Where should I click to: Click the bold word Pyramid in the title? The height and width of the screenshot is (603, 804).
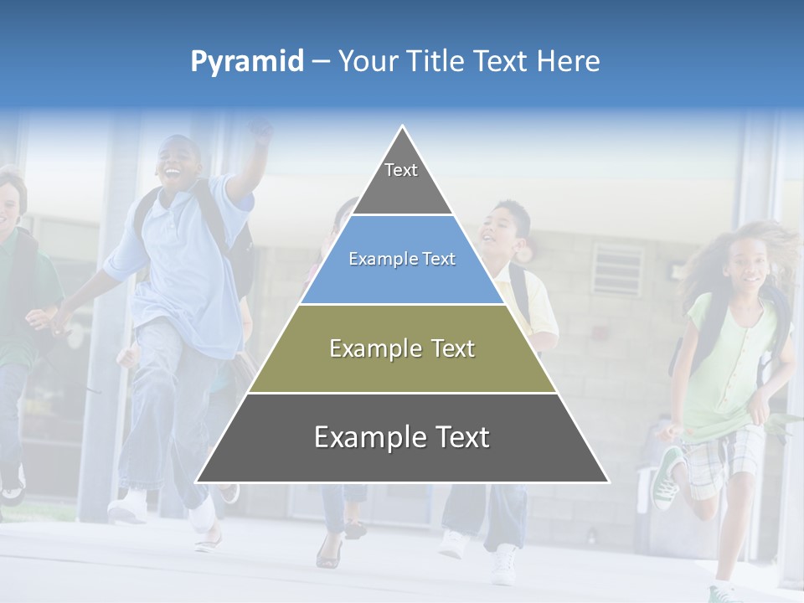[247, 62]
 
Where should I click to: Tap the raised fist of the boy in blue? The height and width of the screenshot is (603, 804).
[261, 131]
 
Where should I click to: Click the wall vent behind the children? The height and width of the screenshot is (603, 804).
[617, 270]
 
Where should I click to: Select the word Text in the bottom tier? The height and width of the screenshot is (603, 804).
[456, 438]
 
